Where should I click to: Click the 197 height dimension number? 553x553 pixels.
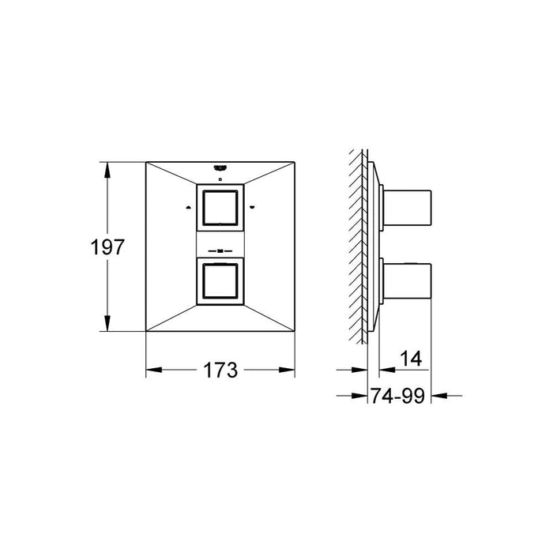(x=107, y=246)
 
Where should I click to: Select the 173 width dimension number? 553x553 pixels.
(x=220, y=370)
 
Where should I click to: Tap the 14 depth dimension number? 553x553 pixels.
(x=411, y=359)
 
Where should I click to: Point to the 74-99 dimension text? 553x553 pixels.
(x=397, y=396)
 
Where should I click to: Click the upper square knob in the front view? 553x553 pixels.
(x=220, y=208)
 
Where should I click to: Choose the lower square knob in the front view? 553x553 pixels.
(x=220, y=281)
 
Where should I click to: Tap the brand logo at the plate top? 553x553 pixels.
(x=220, y=167)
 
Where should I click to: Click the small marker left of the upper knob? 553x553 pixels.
(x=188, y=207)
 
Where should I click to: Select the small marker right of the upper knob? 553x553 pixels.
(x=251, y=207)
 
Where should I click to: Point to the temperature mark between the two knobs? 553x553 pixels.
(x=220, y=251)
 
